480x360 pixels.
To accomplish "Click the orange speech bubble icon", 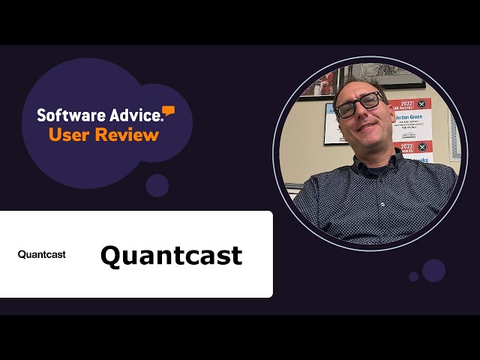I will pos(169,112).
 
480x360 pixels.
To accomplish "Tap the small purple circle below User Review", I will pos(157,185).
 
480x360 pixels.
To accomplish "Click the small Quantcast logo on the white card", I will pos(42,254).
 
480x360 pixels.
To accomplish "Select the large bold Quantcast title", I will pos(171,255).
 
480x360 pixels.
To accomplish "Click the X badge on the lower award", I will pos(421,147).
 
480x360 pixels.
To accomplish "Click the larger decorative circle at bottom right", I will pos(433,270).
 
